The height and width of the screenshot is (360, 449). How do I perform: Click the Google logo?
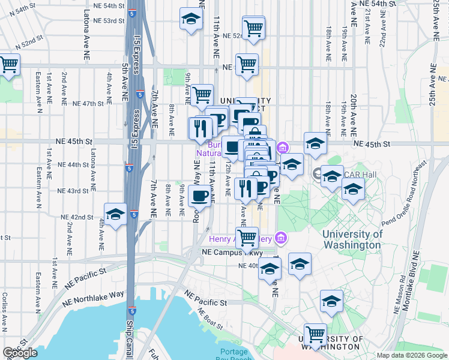click(20, 353)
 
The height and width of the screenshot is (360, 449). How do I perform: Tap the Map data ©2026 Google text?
click(412, 355)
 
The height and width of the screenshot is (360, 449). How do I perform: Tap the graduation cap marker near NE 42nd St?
click(115, 215)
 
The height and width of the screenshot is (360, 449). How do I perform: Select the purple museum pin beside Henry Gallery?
click(280, 239)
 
